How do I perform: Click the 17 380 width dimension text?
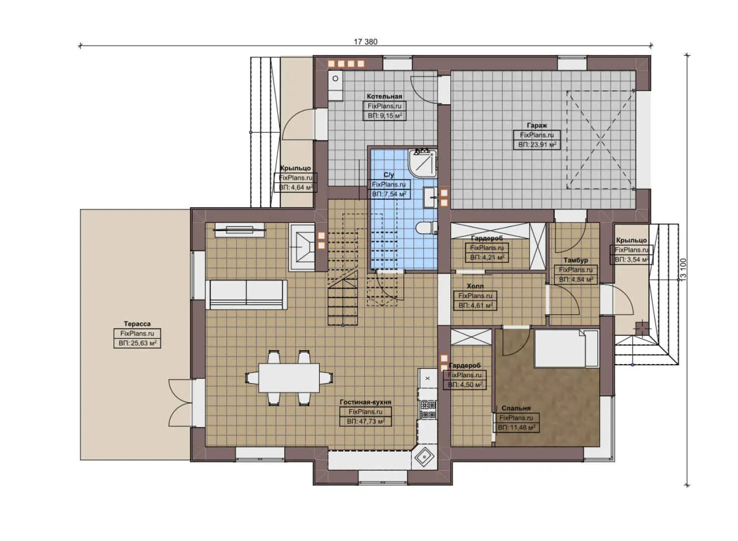[365, 42]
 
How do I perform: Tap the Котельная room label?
[384, 96]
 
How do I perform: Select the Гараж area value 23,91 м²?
[537, 144]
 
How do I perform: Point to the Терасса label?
[137, 324]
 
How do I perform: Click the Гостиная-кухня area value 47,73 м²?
[366, 421]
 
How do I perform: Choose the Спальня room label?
[516, 408]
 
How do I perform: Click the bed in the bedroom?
[566, 348]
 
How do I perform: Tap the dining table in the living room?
[289, 378]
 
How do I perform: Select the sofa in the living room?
[247, 295]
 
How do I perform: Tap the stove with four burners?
[427, 409]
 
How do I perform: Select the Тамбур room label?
[576, 260]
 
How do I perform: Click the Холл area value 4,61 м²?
[475, 305]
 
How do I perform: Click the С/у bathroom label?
[389, 175]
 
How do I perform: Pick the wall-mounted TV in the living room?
[239, 230]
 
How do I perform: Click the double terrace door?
[180, 401]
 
